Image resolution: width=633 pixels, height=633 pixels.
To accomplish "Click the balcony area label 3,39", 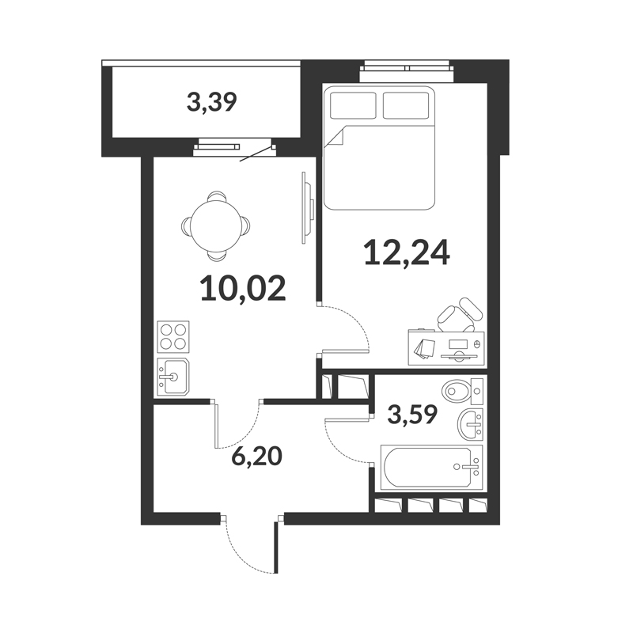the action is coord(211,103).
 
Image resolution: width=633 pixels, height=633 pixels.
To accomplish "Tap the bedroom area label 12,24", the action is coord(407,252).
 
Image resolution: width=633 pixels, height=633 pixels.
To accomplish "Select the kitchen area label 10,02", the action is coord(243,288).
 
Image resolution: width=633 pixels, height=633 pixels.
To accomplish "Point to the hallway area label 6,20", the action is coord(256,457).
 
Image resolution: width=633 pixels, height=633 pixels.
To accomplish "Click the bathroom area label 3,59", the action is coord(412,415).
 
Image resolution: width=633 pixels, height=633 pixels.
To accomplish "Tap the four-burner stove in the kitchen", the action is coord(173,337).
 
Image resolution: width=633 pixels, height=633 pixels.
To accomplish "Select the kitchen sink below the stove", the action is coord(173,377).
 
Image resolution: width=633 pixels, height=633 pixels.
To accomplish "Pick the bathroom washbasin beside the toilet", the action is coord(470,424).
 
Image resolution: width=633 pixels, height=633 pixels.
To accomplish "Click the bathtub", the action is coord(431,467).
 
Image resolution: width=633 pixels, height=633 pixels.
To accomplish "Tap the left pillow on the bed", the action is coord(353,106).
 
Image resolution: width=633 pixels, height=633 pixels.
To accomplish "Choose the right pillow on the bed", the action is coord(406,106).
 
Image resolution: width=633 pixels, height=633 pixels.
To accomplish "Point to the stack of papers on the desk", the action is coord(423,348).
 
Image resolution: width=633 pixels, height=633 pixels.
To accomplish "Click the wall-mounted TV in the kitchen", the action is coord(308,208).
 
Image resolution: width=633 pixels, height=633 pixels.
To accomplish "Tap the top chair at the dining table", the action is coord(217,196).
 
